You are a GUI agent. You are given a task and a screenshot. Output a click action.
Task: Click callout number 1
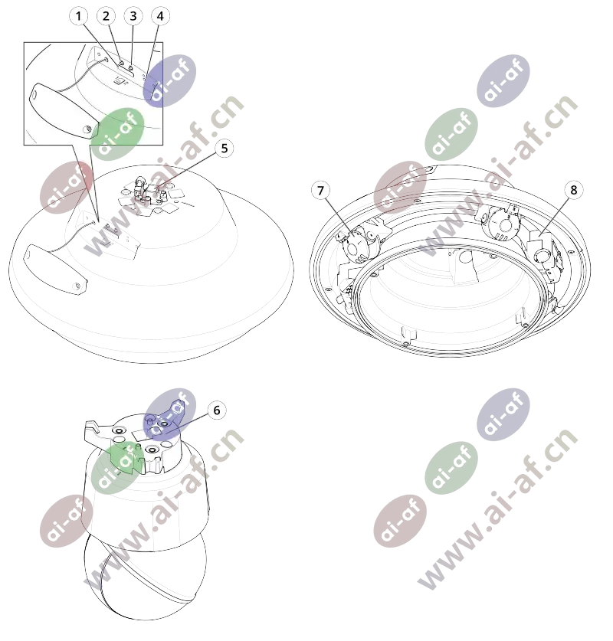pos(78,16)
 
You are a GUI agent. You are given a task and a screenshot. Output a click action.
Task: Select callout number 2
pos(106,16)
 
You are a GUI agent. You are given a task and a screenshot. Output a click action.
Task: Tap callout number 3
pos(133,16)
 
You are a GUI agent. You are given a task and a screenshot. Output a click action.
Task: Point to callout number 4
pos(160,16)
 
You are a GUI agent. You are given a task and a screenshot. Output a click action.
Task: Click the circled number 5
pos(224,149)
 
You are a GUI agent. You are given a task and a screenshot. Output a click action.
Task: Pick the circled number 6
pos(217,410)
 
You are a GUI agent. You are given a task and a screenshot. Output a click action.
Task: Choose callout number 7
pos(320,191)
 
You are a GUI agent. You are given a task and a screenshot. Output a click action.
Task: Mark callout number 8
pos(573,190)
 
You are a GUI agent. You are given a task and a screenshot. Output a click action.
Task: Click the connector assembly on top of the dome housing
pos(150,195)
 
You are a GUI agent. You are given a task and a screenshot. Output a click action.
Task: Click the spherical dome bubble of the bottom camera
pos(146,581)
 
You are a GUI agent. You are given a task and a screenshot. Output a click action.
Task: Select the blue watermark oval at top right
pos(503,81)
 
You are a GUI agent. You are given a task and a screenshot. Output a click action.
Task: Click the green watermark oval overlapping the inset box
pos(117,134)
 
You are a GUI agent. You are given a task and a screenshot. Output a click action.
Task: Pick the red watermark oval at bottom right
pos(400,521)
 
